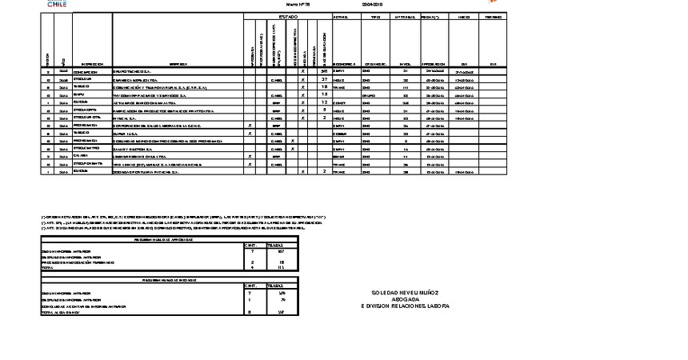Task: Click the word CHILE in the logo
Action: click(x=57, y=5)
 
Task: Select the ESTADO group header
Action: click(x=288, y=16)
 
